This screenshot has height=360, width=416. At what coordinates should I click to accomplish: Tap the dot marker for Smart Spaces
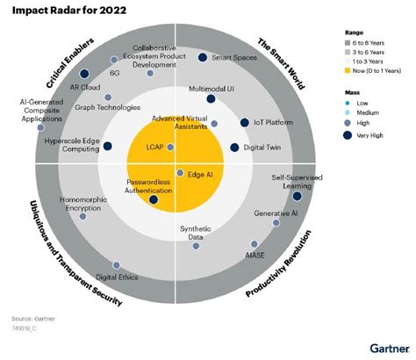pyautogui.click(x=203, y=58)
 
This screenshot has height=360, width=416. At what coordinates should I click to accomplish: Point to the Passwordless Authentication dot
pyautogui.click(x=154, y=200)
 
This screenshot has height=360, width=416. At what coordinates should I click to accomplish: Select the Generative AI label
pyautogui.click(x=275, y=213)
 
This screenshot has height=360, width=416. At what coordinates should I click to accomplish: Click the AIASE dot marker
pyautogui.click(x=254, y=244)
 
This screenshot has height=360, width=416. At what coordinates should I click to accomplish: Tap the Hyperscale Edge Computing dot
pyautogui.click(x=109, y=147)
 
